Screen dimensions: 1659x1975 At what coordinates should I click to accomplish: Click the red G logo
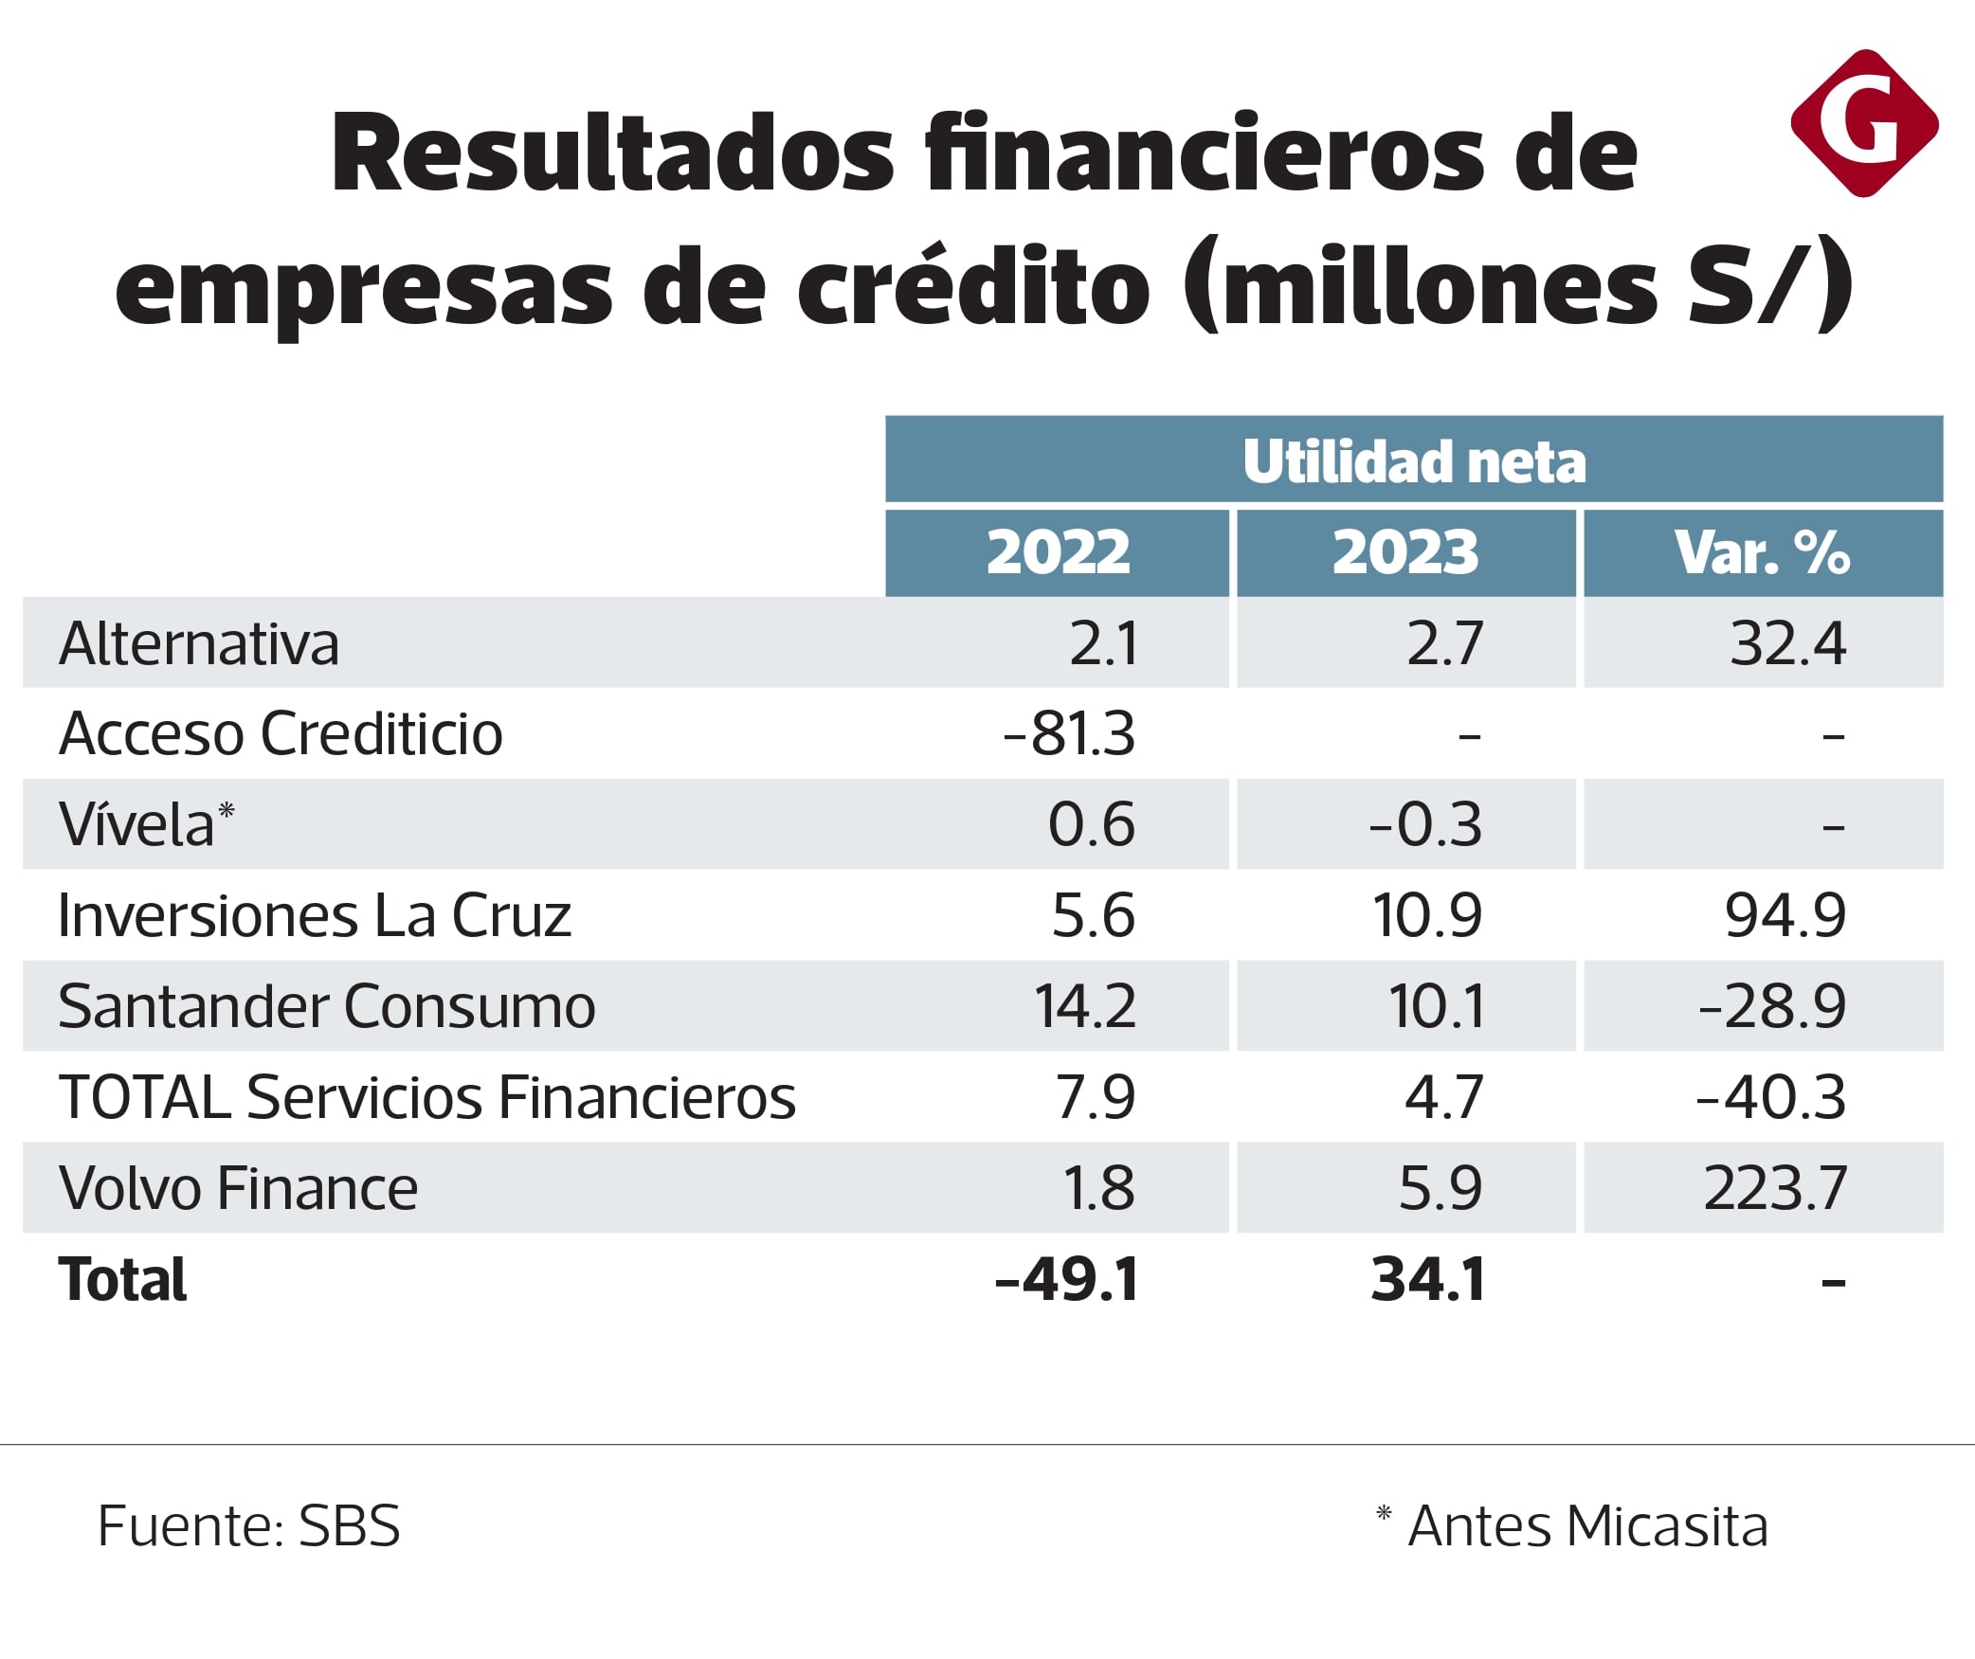click(x=1864, y=123)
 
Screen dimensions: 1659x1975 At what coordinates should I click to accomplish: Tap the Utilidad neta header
click(x=1414, y=461)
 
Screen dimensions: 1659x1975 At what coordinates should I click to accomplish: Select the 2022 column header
click(x=1058, y=552)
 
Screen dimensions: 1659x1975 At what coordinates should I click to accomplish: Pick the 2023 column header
click(x=1405, y=552)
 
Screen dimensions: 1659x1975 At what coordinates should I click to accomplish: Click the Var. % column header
click(x=1762, y=552)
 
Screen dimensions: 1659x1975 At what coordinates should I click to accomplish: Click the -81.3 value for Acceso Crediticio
click(x=1069, y=733)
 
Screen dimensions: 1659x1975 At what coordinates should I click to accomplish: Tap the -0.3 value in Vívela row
click(x=1425, y=824)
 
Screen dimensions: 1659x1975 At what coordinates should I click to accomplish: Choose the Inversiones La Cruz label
click(x=315, y=915)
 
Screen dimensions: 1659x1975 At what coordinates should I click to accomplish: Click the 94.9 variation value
click(x=1785, y=915)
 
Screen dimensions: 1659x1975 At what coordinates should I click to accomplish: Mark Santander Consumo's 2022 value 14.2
click(x=1084, y=1006)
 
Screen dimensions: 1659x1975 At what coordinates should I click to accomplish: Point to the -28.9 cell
click(x=1772, y=1006)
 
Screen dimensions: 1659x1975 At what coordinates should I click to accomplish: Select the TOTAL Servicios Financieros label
click(x=426, y=1097)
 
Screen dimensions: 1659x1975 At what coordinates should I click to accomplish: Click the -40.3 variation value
click(x=1770, y=1097)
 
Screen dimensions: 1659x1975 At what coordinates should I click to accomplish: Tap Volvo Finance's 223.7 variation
click(x=1775, y=1188)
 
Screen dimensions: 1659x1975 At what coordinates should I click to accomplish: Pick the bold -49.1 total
click(x=1067, y=1279)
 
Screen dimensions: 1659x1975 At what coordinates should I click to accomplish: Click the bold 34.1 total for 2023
click(x=1427, y=1279)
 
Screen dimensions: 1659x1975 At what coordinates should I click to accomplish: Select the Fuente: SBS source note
click(x=249, y=1526)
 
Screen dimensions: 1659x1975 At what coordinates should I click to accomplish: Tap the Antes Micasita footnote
click(x=1573, y=1526)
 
